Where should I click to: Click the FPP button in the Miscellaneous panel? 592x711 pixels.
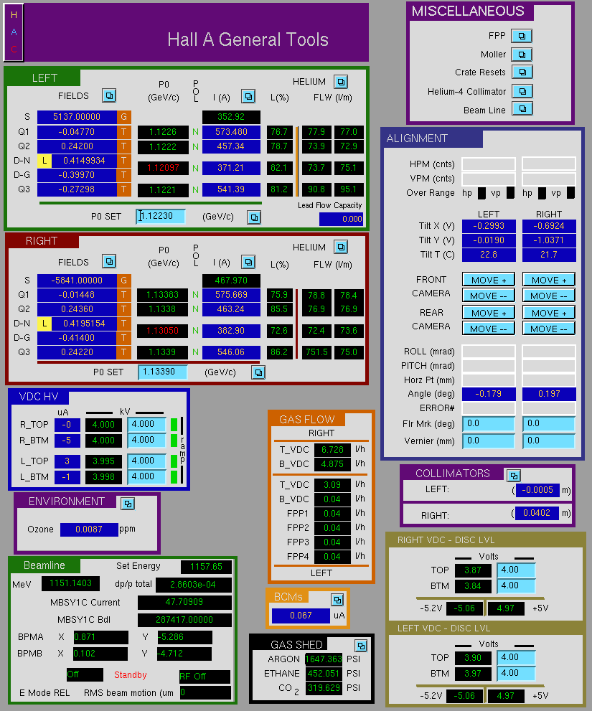tap(522, 36)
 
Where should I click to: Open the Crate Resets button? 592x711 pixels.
tap(522, 72)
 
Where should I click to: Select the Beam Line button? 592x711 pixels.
tap(522, 109)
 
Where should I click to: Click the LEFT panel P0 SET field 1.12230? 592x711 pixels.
tap(161, 216)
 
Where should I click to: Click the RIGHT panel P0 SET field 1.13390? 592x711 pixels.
tap(162, 372)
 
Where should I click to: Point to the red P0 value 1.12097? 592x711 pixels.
tap(163, 168)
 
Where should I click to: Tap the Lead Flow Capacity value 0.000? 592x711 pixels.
tap(341, 219)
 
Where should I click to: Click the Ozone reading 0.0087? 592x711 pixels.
tap(89, 529)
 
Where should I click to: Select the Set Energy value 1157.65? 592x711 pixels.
tap(206, 566)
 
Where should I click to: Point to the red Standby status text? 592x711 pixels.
tap(130, 674)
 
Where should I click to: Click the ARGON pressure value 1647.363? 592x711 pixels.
tap(324, 659)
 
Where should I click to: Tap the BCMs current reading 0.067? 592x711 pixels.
tap(301, 616)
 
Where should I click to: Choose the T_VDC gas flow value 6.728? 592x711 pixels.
tap(332, 449)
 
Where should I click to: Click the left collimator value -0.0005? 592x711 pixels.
tap(537, 490)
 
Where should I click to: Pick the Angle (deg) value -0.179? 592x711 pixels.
tap(489, 394)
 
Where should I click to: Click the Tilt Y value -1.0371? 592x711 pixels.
tap(549, 240)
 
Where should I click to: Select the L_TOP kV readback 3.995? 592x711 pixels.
tap(103, 461)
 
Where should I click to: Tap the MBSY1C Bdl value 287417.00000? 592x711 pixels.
tap(184, 619)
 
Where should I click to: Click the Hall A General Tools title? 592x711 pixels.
tap(248, 39)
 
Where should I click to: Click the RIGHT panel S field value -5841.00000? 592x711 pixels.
tap(77, 281)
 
